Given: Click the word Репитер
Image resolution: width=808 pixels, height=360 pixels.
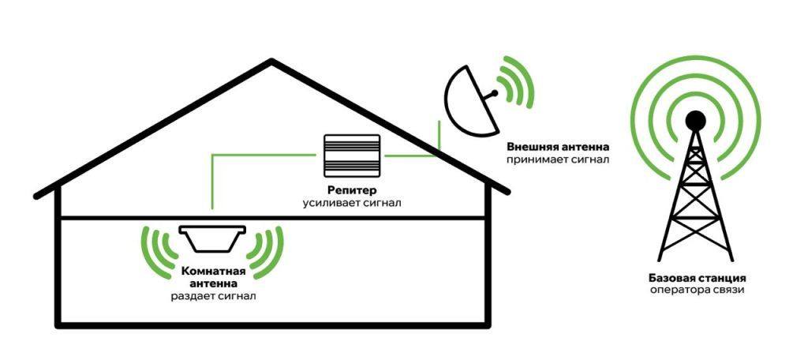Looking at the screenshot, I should click(x=352, y=191).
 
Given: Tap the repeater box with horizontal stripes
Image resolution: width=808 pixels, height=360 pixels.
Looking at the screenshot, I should click(x=352, y=156).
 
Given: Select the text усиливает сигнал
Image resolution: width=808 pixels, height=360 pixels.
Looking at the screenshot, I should click(x=352, y=204).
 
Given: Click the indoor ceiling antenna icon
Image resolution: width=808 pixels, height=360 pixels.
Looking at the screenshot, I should click(x=213, y=237).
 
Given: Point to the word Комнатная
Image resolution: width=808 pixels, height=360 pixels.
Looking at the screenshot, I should click(x=214, y=271).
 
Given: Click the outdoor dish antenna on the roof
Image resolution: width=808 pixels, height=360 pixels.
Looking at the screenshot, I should click(x=470, y=101).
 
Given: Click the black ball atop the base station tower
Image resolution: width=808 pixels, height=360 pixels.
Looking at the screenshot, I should click(x=695, y=120).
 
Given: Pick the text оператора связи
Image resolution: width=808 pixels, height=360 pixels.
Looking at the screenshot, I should click(x=695, y=291).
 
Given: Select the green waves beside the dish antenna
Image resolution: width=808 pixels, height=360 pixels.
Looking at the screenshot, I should click(x=518, y=85).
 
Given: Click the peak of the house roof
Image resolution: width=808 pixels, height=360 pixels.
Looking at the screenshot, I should click(x=273, y=62).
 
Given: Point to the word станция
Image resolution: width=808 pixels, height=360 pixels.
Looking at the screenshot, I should click(x=720, y=278).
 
